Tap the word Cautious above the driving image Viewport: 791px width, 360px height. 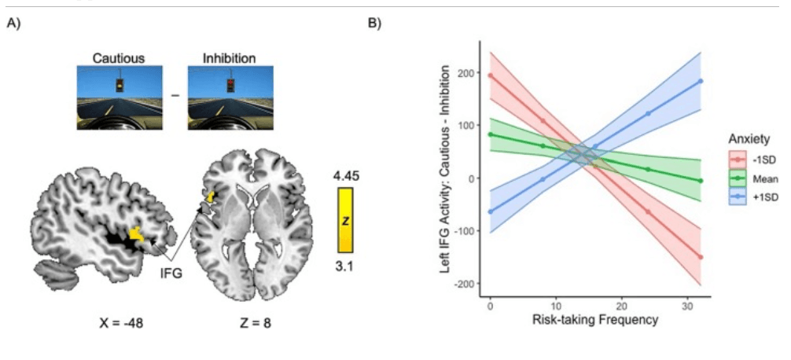tap(119, 58)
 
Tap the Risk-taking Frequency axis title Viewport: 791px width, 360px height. tap(594, 320)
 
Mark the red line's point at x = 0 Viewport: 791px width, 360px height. tap(490, 75)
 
